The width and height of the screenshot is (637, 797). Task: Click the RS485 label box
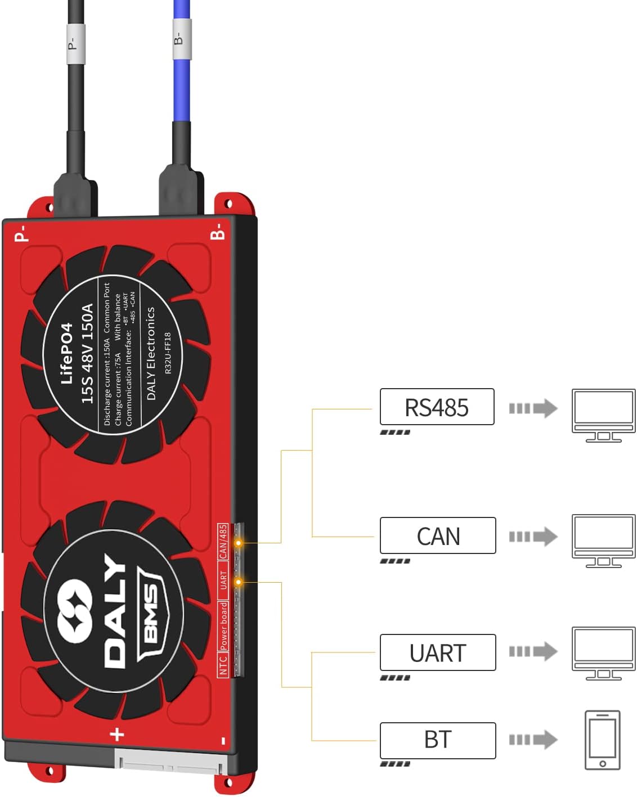[437, 407]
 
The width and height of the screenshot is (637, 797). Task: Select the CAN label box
[438, 535]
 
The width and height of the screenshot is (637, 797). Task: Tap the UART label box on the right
[438, 652]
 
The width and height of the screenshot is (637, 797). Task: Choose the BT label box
[438, 740]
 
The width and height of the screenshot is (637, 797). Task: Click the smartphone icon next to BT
[602, 740]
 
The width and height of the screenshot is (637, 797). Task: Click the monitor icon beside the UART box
[603, 653]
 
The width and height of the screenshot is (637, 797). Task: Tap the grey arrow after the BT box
[533, 740]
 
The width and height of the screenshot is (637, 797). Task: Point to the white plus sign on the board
[116, 734]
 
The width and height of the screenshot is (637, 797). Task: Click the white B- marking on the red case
[217, 231]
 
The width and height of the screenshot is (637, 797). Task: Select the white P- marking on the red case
[20, 233]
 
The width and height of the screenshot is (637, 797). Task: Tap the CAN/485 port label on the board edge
[223, 542]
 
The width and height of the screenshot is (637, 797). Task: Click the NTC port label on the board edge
[223, 665]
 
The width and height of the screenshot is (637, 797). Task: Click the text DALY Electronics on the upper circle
[151, 353]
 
